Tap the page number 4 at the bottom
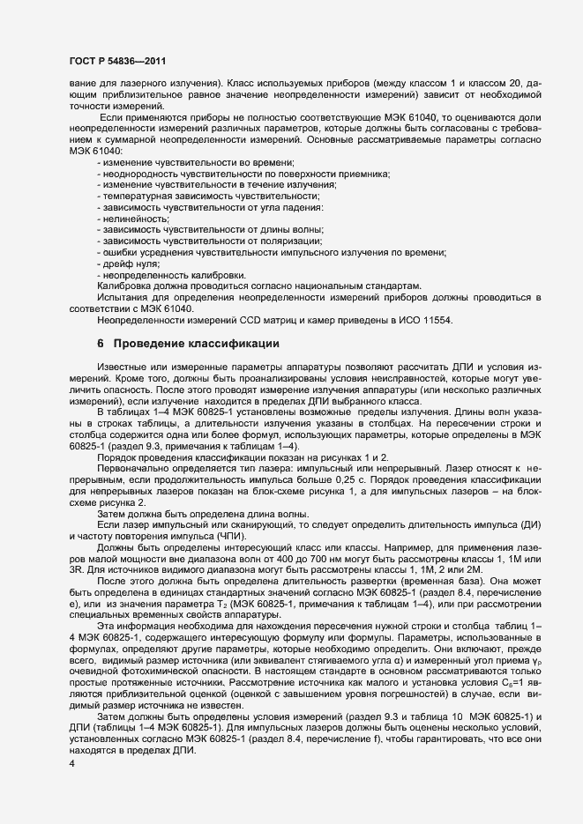coord(71,764)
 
